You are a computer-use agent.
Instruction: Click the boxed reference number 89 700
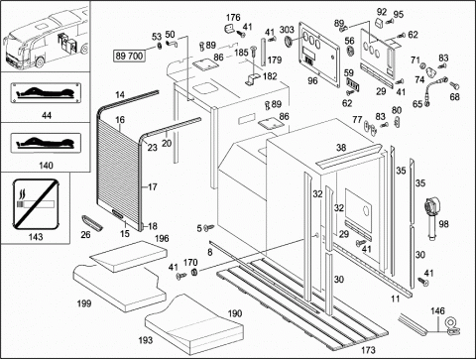coord(129,56)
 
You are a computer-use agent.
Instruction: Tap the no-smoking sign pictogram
coord(36,204)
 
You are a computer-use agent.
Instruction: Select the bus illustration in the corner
coord(46,36)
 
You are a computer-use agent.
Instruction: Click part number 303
coord(287,30)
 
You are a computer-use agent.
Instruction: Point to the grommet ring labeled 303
coord(289,42)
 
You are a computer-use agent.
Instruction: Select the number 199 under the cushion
coord(84,303)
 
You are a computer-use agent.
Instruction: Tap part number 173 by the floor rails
coord(368,350)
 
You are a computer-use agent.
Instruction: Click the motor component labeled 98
coord(431,216)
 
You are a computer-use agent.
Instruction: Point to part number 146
coord(437,310)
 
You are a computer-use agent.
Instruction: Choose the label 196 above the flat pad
coord(162,238)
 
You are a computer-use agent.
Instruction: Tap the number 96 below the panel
coord(312,80)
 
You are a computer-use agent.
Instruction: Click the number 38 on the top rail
coord(341,148)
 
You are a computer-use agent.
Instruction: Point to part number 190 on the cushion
coord(235,313)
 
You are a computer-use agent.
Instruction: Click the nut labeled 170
coord(194,273)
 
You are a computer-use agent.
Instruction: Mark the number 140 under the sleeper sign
coord(46,165)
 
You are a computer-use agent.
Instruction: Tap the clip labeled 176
coord(229,29)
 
